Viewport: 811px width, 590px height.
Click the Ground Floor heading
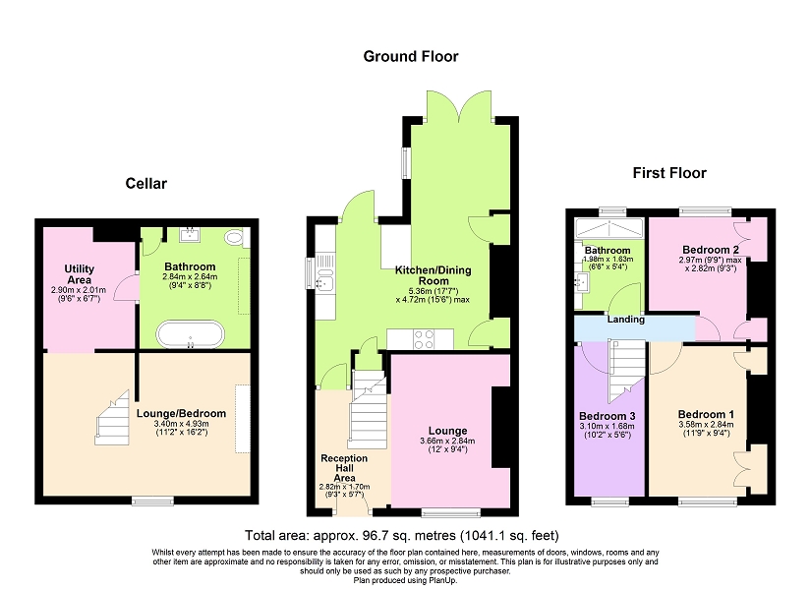pyautogui.click(x=411, y=56)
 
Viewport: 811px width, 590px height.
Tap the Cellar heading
pyautogui.click(x=145, y=183)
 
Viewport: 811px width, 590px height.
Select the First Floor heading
pyautogui.click(x=669, y=173)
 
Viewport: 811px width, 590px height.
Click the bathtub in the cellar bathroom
pyautogui.click(x=191, y=334)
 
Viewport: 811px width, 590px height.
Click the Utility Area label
pyautogui.click(x=80, y=274)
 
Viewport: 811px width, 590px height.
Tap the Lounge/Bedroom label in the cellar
pyautogui.click(x=181, y=414)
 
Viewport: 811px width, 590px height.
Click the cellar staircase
pyautogui.click(x=112, y=418)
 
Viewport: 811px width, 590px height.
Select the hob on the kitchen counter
pyautogui.click(x=424, y=339)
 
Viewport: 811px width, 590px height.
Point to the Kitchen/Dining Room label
pyautogui.click(x=434, y=275)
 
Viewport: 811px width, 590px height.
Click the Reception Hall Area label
pyautogui.click(x=344, y=468)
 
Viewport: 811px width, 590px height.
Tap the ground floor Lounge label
pyautogui.click(x=447, y=431)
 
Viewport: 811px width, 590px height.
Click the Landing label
pyautogui.click(x=626, y=320)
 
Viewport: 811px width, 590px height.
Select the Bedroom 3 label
pyautogui.click(x=608, y=416)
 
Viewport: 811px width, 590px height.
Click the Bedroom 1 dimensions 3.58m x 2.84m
pyautogui.click(x=706, y=425)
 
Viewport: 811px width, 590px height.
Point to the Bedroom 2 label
pyautogui.click(x=711, y=250)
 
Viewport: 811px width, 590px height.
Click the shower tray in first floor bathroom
pyautogui.click(x=609, y=228)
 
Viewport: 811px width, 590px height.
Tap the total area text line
pyautogui.click(x=402, y=535)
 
